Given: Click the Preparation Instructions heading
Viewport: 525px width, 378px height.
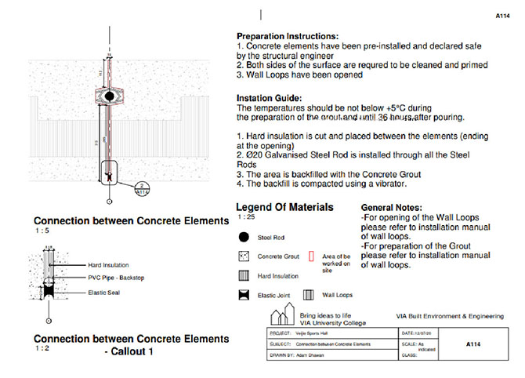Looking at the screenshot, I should [x=288, y=36].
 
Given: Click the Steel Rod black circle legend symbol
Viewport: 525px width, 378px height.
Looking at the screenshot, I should [x=243, y=237].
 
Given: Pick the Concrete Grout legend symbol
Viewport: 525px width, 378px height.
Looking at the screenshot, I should [x=243, y=256].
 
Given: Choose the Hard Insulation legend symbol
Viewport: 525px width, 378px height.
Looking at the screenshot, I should [x=243, y=275].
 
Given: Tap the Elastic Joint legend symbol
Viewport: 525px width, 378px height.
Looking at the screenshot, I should [x=243, y=296].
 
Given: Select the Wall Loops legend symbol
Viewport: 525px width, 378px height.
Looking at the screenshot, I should [x=310, y=296].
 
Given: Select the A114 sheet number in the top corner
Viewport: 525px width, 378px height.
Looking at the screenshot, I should [x=504, y=14].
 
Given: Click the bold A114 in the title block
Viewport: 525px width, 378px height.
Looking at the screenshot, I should [x=472, y=343].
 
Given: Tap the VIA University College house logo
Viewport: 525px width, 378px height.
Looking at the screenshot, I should [x=281, y=317].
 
